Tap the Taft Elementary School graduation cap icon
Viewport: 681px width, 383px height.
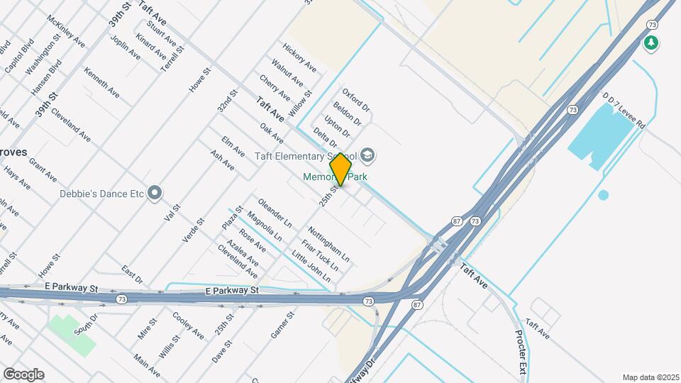(367, 154)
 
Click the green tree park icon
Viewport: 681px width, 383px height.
(650, 43)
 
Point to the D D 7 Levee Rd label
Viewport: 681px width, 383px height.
(624, 109)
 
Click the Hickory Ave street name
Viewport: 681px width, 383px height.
(299, 57)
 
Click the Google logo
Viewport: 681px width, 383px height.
(23, 374)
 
